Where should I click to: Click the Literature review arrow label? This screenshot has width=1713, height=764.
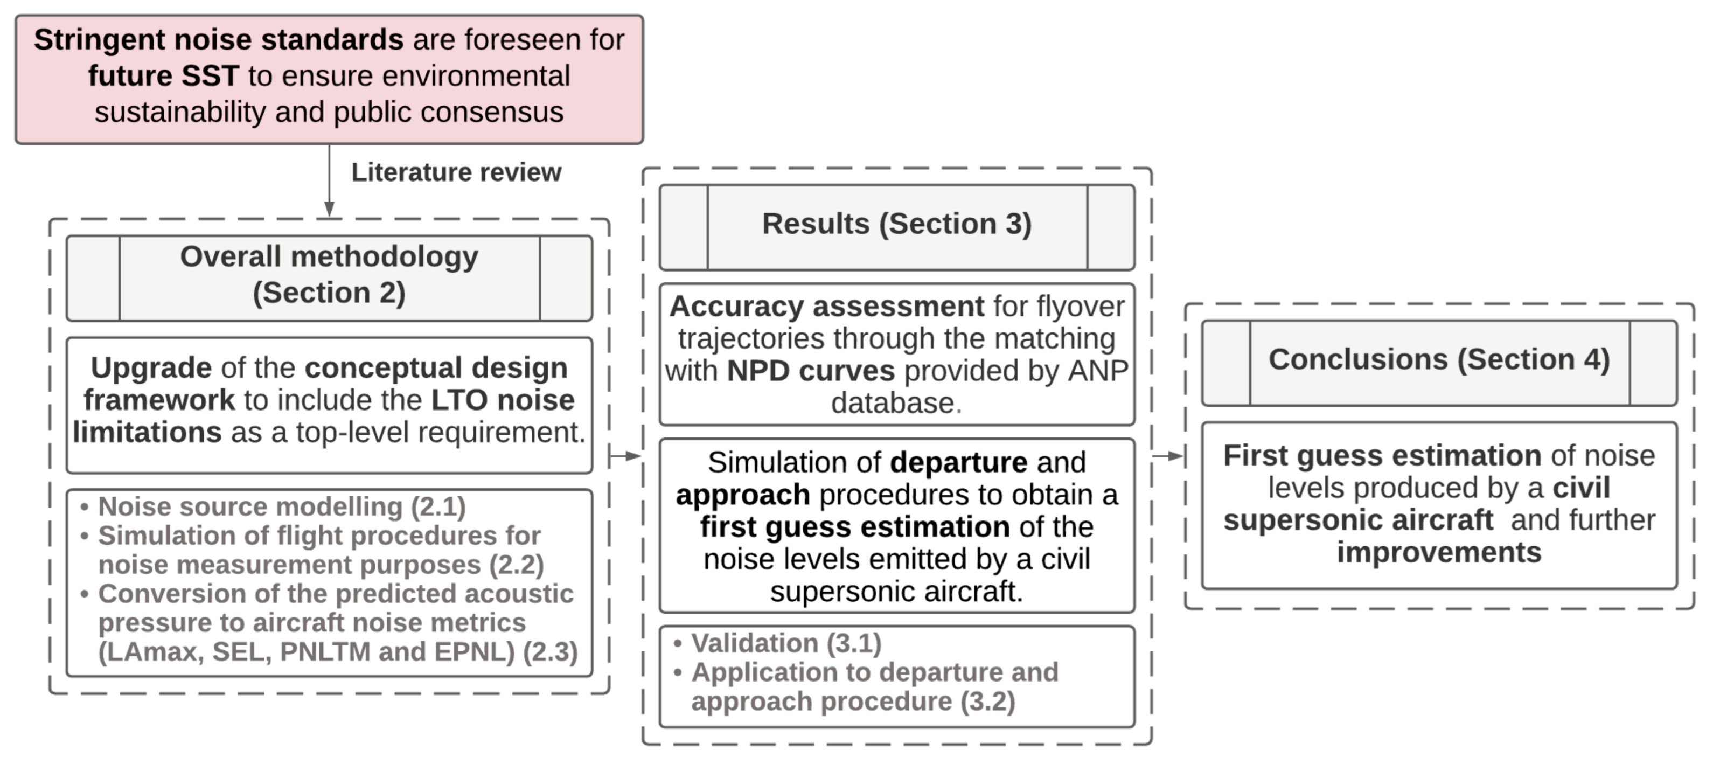pyautogui.click(x=456, y=172)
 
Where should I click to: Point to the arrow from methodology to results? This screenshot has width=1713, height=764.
pyautogui.click(x=625, y=456)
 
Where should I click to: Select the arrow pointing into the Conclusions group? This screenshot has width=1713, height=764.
pyautogui.click(x=1168, y=456)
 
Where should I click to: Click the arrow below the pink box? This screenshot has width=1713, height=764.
pyautogui.click(x=329, y=180)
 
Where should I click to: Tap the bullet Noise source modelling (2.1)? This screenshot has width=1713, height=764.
pyautogui.click(x=281, y=506)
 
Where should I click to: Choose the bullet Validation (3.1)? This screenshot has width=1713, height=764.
pyautogui.click(x=786, y=643)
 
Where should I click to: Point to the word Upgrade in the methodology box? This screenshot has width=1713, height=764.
pyautogui.click(x=151, y=367)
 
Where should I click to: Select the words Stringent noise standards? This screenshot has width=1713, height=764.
pyautogui.click(x=218, y=40)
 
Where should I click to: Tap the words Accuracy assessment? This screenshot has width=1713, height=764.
pyautogui.click(x=826, y=307)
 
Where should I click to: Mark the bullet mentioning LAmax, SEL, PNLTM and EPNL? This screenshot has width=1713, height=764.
pyautogui.click(x=336, y=623)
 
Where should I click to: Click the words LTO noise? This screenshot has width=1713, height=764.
pyautogui.click(x=503, y=400)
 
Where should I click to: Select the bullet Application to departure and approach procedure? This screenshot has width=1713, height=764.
pyautogui.click(x=874, y=687)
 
